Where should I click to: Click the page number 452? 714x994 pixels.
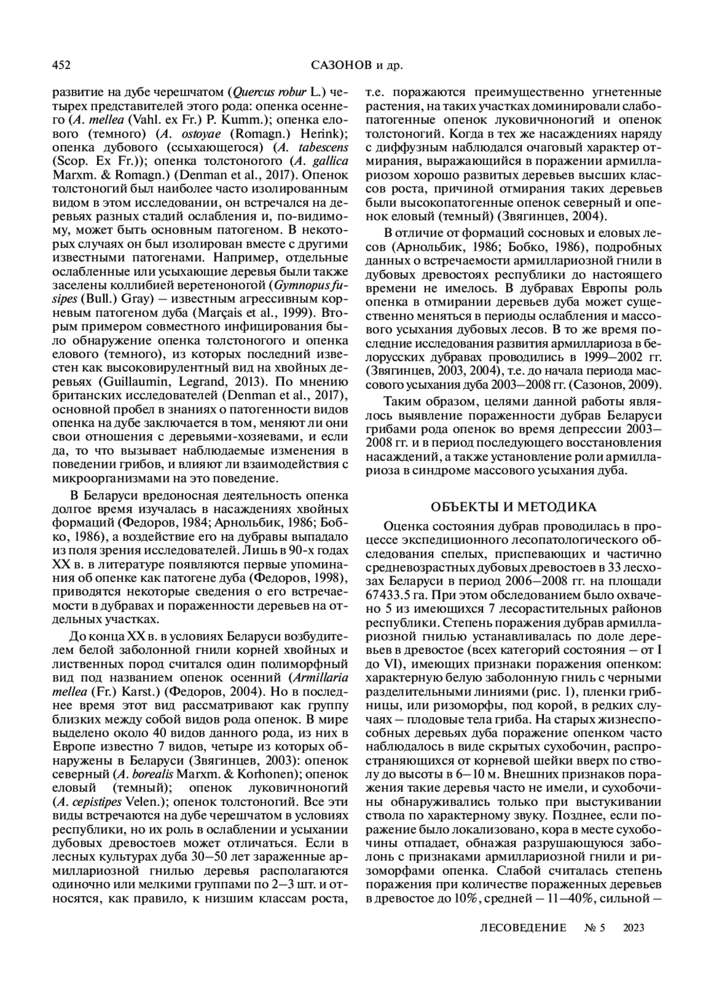pyautogui.click(x=62, y=64)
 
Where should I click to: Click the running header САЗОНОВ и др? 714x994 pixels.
pyautogui.click(x=357, y=64)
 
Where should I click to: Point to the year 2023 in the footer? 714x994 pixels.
pyautogui.click(x=634, y=927)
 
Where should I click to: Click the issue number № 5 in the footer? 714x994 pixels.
pyautogui.click(x=594, y=927)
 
